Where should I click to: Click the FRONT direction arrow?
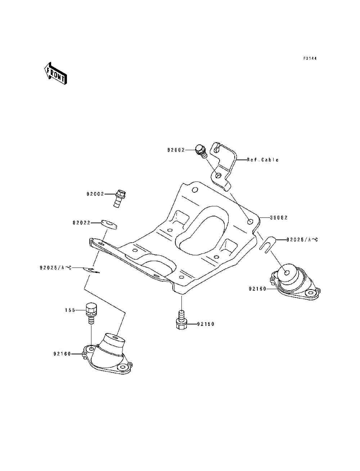[55, 73]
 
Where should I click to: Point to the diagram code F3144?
[310, 58]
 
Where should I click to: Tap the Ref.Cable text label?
[263, 160]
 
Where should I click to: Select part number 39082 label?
[279, 217]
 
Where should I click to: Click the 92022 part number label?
[81, 223]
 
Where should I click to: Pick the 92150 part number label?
[206, 324]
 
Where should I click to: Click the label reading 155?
[70, 310]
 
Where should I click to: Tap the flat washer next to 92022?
[109, 224]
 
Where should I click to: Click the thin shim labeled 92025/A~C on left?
[92, 270]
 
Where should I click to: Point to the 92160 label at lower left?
[62, 354]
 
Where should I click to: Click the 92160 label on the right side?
[257, 289]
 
